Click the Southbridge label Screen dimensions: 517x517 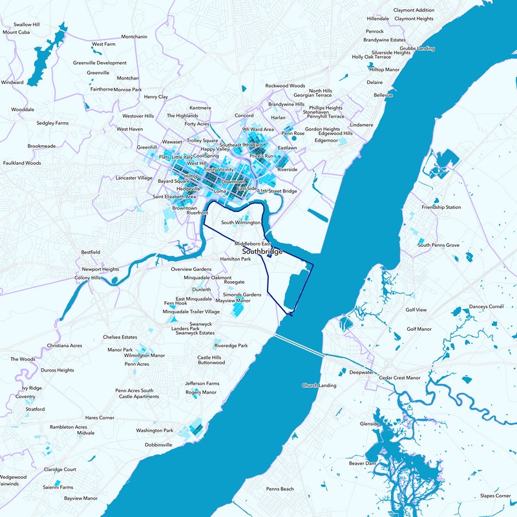[x=262, y=251]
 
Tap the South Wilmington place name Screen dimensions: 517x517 [x=241, y=222]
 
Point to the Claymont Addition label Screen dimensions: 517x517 [x=414, y=10]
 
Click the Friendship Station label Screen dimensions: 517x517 [x=441, y=207]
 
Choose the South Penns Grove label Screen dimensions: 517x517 [x=438, y=245]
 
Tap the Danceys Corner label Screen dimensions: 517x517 [x=486, y=306]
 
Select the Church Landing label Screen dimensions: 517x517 [x=319, y=386]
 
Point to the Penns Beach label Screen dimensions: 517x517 [x=279, y=489]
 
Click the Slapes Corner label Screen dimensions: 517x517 [x=495, y=496]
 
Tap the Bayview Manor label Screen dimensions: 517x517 [x=81, y=498]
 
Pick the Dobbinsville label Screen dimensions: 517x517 [x=158, y=445]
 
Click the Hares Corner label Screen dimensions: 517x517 [x=100, y=417]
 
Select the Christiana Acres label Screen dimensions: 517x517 [x=63, y=346]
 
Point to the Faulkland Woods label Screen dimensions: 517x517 [x=22, y=163]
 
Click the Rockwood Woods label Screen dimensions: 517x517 [x=285, y=85]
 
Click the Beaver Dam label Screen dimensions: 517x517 [x=362, y=463]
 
